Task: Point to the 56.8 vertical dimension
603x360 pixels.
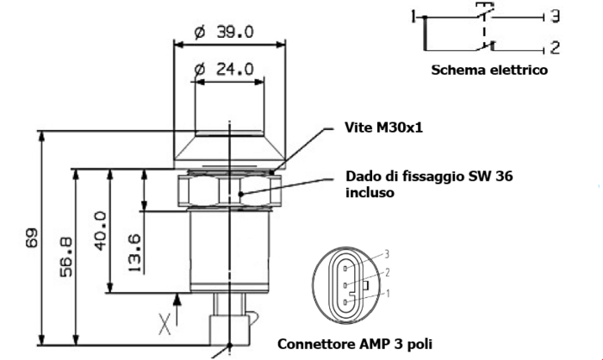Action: pyautogui.click(x=65, y=256)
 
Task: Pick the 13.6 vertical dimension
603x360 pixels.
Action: pyautogui.click(x=133, y=252)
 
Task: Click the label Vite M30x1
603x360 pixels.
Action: pyautogui.click(x=382, y=128)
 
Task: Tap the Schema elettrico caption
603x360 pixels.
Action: pyautogui.click(x=488, y=71)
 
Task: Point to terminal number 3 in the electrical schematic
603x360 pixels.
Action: pyautogui.click(x=556, y=16)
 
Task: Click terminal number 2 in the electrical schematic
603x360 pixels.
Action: pyautogui.click(x=555, y=48)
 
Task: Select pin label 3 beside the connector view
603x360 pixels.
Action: pyautogui.click(x=388, y=254)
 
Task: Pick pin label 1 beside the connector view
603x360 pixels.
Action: pyautogui.click(x=388, y=294)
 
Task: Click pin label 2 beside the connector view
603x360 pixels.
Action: pyautogui.click(x=388, y=273)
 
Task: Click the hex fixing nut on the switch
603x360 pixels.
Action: pyautogui.click(x=228, y=190)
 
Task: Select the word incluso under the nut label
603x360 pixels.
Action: pyautogui.click(x=370, y=193)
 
